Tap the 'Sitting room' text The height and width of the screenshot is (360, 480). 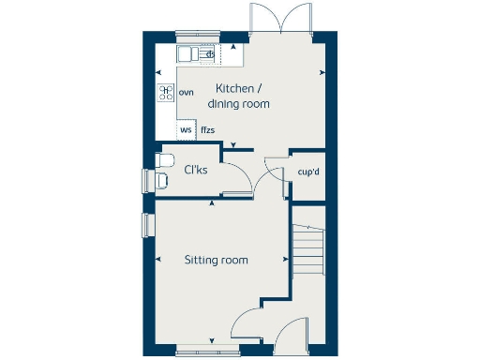click(216, 260)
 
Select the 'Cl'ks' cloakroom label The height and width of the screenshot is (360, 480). click(195, 170)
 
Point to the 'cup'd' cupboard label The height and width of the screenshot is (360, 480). click(307, 172)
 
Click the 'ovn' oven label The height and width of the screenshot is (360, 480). click(186, 93)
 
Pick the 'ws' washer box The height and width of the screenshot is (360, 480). click(186, 129)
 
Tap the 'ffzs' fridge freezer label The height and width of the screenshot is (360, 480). click(207, 129)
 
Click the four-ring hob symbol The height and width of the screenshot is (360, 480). click(166, 93)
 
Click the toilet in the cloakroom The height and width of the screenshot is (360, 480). click(162, 170)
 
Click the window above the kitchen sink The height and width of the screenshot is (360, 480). click(197, 37)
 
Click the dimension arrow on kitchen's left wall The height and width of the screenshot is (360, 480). click(160, 72)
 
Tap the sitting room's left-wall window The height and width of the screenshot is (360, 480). click(147, 226)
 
